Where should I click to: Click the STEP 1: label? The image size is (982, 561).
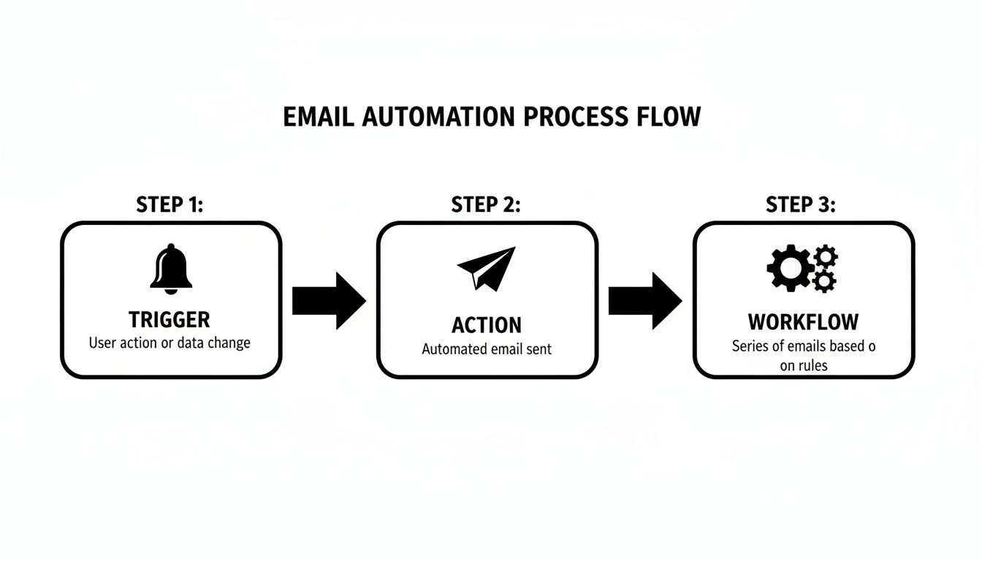point(170,205)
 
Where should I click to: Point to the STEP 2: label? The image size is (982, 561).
point(486,205)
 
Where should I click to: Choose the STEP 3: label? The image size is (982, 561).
point(801,205)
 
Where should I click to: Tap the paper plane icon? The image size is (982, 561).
point(486,268)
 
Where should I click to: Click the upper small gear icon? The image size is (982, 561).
point(826,256)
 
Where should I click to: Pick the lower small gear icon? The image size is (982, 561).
point(825,280)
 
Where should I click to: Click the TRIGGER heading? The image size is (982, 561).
point(170,320)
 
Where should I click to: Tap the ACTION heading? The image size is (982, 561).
point(487,325)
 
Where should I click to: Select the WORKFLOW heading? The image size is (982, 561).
point(803,321)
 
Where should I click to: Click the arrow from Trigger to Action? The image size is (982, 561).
point(329,300)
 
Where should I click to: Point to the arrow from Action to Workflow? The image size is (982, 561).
point(645,300)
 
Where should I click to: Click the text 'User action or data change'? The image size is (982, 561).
point(170,343)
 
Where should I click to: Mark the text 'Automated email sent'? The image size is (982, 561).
point(487,349)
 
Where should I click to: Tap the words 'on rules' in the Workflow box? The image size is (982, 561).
point(803,365)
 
